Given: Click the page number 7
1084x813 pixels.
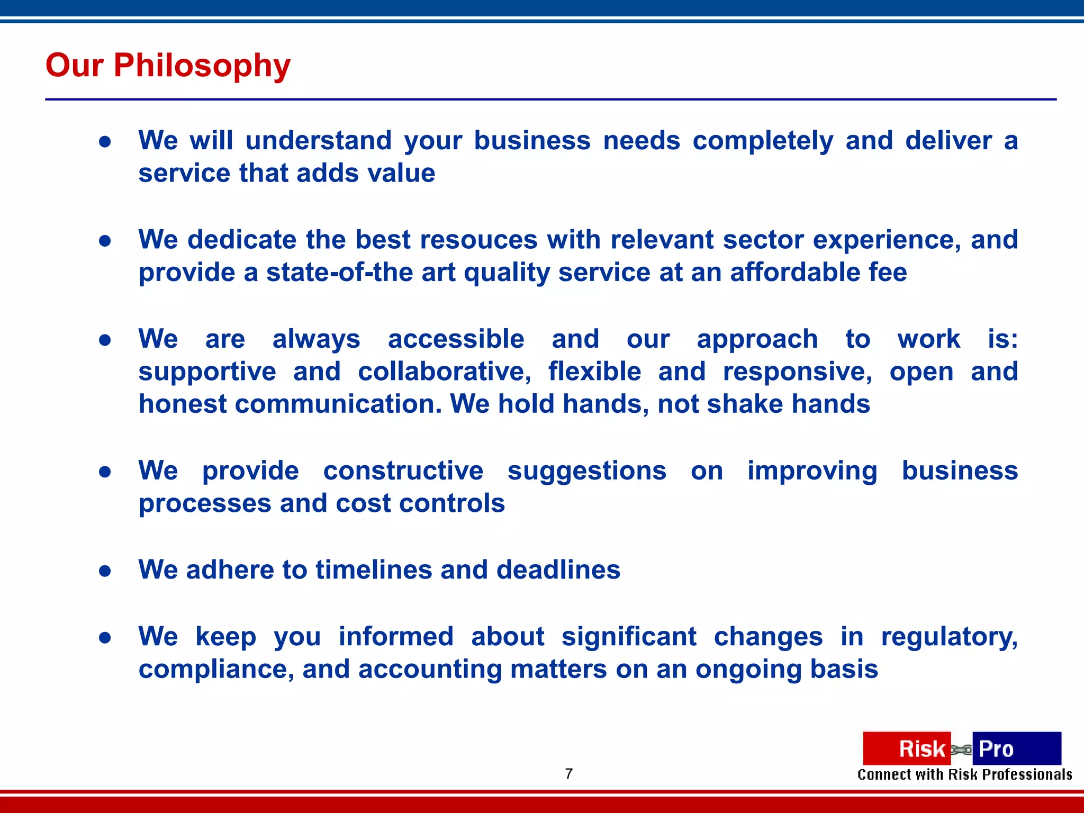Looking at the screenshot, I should (569, 774).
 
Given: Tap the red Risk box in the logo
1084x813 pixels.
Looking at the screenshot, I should (907, 748).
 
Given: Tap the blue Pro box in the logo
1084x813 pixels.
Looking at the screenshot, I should (1016, 748).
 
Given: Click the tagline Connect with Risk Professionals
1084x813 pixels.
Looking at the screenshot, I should (964, 775).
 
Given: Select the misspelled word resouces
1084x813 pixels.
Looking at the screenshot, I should (478, 240).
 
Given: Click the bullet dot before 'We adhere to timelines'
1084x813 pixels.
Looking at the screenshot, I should (105, 571).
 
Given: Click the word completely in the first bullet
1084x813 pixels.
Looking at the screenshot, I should (763, 141).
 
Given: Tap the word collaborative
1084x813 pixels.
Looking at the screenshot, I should (444, 372).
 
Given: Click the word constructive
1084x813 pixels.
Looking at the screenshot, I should (403, 471).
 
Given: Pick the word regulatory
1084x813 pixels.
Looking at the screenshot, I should (949, 637).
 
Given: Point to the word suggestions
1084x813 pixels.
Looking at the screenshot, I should (586, 471).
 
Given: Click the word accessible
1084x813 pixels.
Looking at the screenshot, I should (456, 339).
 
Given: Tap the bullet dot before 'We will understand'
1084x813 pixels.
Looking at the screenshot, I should (105, 141).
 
